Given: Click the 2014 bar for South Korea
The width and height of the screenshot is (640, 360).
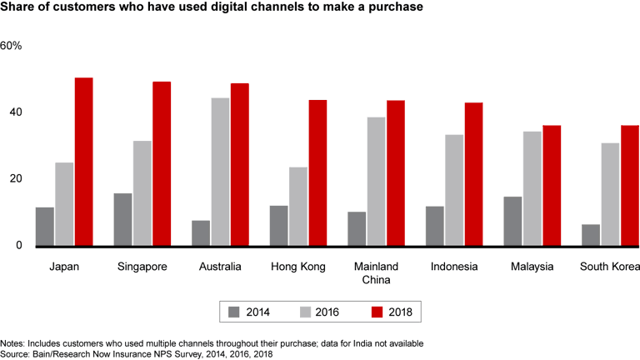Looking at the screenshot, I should [592, 235].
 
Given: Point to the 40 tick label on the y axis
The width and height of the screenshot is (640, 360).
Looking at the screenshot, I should [14, 112].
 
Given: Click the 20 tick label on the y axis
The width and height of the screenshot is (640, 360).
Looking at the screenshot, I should [14, 179].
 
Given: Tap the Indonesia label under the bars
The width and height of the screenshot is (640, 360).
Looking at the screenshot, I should [455, 267].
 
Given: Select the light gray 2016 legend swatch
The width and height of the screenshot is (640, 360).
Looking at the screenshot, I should [307, 312].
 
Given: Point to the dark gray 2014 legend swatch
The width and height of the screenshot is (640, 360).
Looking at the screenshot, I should [236, 312].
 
